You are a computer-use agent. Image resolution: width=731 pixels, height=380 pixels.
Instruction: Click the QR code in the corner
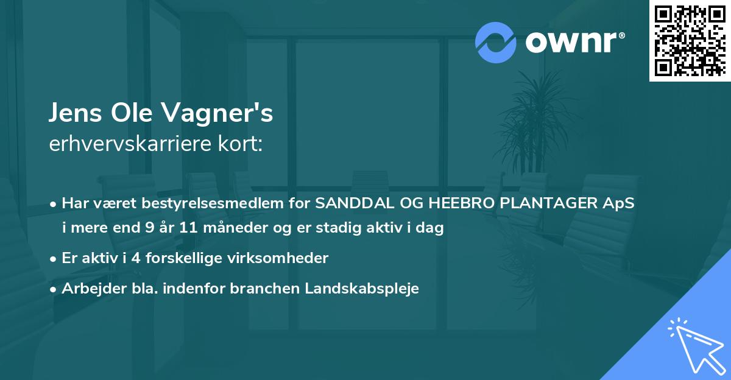(x=690, y=41)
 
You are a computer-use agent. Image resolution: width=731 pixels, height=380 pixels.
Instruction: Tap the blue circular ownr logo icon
(x=496, y=42)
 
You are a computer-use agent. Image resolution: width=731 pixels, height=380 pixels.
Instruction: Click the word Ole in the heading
(x=138, y=114)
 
